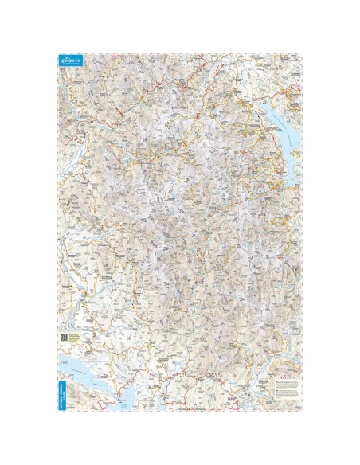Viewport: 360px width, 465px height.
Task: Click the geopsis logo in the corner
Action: [x=70, y=61]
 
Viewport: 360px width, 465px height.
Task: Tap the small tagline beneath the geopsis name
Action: [x=70, y=64]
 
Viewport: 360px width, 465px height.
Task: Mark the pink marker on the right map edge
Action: [x=299, y=88]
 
